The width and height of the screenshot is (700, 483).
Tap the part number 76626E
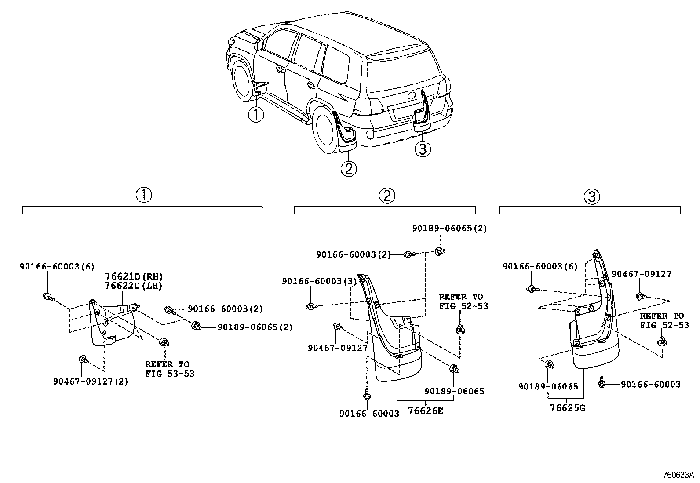[x=426, y=411]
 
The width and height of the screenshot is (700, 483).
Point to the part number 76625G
[x=568, y=407]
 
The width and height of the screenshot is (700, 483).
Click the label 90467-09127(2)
[x=91, y=382]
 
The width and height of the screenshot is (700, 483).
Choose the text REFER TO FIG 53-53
[x=170, y=369]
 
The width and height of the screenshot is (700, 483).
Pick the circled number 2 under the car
[x=348, y=169]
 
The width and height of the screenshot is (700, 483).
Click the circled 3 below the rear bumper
[x=423, y=150]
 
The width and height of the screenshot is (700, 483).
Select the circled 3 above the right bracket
[x=591, y=196]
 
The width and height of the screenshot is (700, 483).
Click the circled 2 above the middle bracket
[x=386, y=196]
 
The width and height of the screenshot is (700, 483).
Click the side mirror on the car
[x=259, y=44]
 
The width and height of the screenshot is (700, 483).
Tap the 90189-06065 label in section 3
[x=548, y=386]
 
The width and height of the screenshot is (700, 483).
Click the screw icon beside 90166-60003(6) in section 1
[x=48, y=298]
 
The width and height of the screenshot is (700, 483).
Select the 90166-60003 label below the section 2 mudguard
[x=369, y=414]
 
